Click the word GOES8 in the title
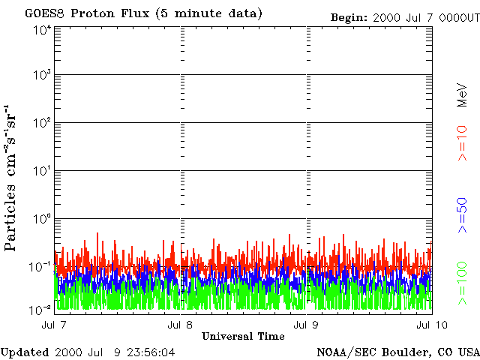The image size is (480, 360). [x=43, y=14]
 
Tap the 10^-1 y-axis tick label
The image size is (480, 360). [x=41, y=265]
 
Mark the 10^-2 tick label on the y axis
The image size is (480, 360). [x=41, y=310]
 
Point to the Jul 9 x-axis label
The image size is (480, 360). [x=306, y=324]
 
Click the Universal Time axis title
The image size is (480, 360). [x=243, y=336]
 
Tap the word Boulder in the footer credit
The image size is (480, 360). [x=402, y=352]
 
